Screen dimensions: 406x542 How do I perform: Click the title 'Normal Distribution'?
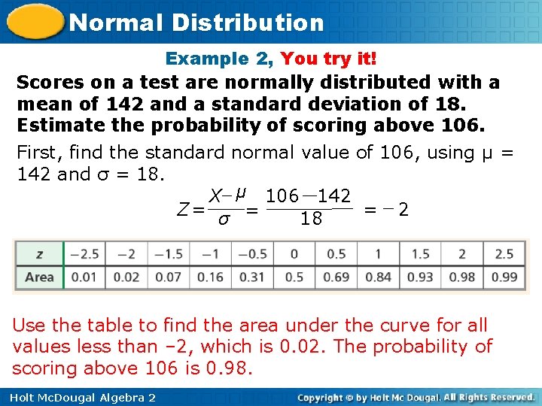pos(196,22)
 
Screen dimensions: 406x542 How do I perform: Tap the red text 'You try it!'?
pos(329,59)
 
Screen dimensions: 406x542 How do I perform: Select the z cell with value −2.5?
pos(84,254)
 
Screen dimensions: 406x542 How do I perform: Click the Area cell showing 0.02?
pos(126,277)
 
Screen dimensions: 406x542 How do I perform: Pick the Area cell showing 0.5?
pos(294,277)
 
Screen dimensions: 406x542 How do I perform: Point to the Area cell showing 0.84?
pos(378,277)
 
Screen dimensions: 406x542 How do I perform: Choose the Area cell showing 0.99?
pos(504,277)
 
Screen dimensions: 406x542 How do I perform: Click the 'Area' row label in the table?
pos(39,277)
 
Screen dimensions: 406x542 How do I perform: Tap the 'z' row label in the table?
pos(39,254)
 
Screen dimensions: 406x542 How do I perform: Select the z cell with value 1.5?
pos(420,254)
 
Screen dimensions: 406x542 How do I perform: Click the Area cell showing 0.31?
pos(252,277)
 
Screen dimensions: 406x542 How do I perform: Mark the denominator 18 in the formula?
pos(310,219)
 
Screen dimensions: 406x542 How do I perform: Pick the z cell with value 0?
pos(294,254)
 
